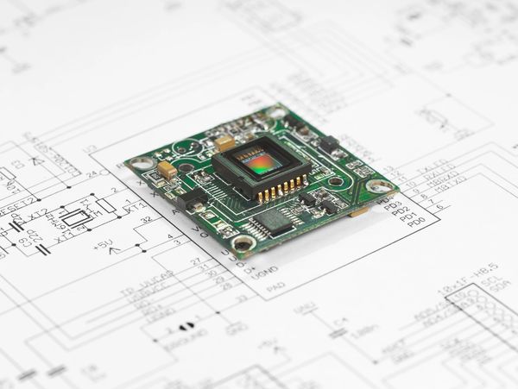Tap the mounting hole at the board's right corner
coord(377,185)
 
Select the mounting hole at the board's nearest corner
coord(243,244)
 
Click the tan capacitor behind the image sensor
coord(225,142)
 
